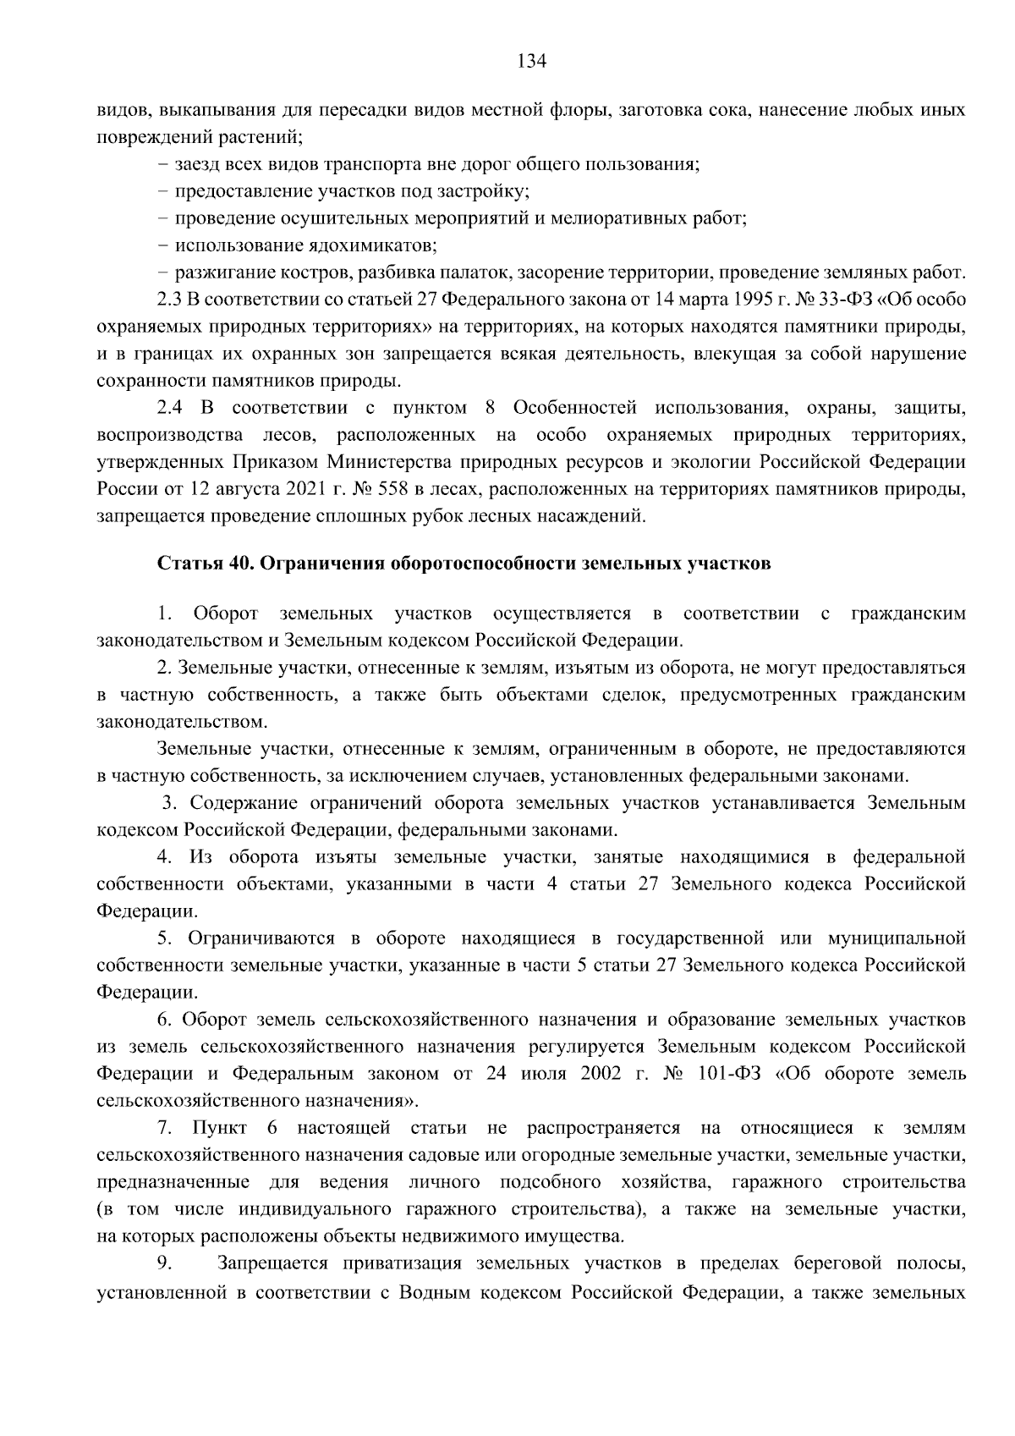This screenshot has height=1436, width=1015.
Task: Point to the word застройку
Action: coord(486,192)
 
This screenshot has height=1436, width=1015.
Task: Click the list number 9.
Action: coord(165,1265)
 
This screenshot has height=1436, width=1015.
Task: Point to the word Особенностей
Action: coord(574,409)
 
